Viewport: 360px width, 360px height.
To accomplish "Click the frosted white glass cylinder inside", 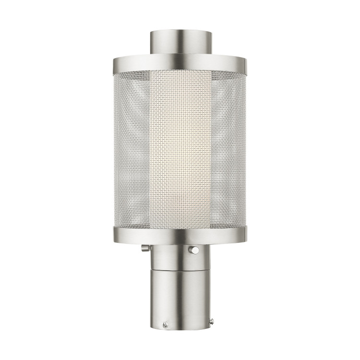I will (180, 149).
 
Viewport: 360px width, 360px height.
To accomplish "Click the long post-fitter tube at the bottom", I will (180, 298).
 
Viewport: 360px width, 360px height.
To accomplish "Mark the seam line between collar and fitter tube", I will (180, 270).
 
